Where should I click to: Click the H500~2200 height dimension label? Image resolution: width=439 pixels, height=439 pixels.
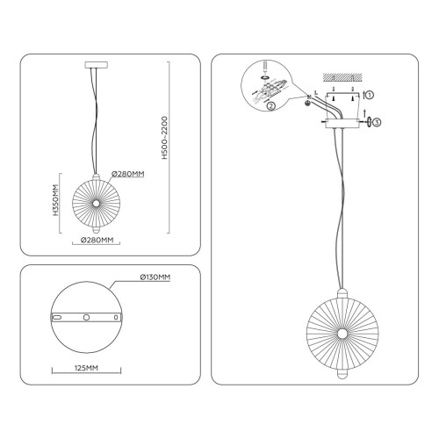pyautogui.click(x=165, y=138)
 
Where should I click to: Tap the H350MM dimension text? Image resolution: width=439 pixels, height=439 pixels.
pyautogui.click(x=55, y=200)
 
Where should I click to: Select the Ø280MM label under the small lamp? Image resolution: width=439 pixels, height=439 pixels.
pyautogui.click(x=97, y=240)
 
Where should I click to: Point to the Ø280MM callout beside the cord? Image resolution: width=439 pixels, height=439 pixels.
pyautogui.click(x=128, y=174)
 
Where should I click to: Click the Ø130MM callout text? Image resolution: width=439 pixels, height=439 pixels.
pyautogui.click(x=155, y=277)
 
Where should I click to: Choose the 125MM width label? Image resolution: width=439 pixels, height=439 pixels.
pyautogui.click(x=86, y=368)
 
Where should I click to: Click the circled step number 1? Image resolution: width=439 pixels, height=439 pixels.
pyautogui.click(x=370, y=95)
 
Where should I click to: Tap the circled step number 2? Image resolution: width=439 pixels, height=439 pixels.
pyautogui.click(x=271, y=106)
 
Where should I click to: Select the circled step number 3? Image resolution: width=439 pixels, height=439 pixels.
pyautogui.click(x=378, y=122)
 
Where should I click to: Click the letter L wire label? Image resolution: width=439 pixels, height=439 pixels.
pyautogui.click(x=316, y=93)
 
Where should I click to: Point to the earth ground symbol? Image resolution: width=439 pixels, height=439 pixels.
pyautogui.click(x=307, y=103)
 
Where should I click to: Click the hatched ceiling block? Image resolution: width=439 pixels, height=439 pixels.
pyautogui.click(x=342, y=77)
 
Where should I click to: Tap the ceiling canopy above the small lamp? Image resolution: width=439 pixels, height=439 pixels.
pyautogui.click(x=97, y=65)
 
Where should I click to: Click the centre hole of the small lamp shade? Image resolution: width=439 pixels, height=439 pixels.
pyautogui.click(x=96, y=203)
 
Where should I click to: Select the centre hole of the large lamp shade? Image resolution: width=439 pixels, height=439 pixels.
pyautogui.click(x=342, y=334)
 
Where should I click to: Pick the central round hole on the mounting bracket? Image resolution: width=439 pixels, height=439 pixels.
pyautogui.click(x=86, y=317)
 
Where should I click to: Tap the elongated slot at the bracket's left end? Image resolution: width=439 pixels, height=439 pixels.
pyautogui.click(x=57, y=317)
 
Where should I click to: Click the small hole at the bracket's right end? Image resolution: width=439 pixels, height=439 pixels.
pyautogui.click(x=116, y=317)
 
